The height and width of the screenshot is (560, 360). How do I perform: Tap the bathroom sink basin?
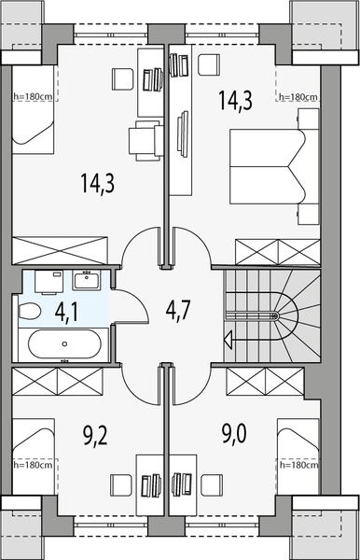[90, 279]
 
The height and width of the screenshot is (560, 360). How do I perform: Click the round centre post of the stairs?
[275, 316]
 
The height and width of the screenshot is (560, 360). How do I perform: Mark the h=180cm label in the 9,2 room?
[32, 464]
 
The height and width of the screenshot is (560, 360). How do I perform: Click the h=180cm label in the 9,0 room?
[299, 464]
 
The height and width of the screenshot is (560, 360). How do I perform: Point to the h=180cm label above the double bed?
[298, 97]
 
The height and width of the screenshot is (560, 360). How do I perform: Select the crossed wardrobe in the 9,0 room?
[264, 381]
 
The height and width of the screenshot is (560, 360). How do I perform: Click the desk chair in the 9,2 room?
[120, 484]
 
